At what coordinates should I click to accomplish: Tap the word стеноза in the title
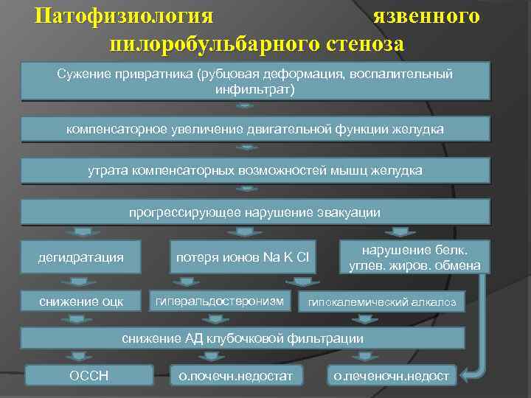pos(362,43)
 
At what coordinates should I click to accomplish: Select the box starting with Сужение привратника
pos(255,81)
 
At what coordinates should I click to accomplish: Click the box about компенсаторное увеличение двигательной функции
pos(255,129)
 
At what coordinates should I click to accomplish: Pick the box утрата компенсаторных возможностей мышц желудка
pos(255,170)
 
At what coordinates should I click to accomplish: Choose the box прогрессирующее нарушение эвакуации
pos(255,212)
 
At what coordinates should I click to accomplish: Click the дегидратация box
pos(81,256)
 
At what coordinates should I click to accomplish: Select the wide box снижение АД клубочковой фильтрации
pos(243,338)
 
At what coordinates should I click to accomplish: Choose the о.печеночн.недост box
pos(392,376)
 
